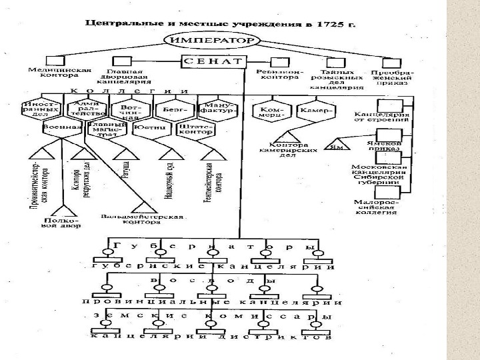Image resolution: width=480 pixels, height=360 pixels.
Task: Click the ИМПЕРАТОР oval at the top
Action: click(x=212, y=41)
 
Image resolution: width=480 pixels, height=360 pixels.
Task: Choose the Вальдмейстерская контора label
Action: click(x=142, y=218)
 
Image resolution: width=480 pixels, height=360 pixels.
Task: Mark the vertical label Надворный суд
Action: click(x=169, y=176)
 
